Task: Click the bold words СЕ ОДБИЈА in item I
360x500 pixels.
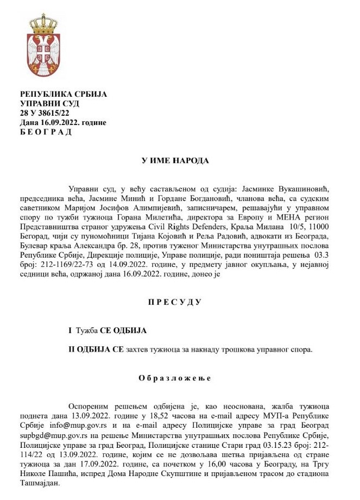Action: point(121,330)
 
